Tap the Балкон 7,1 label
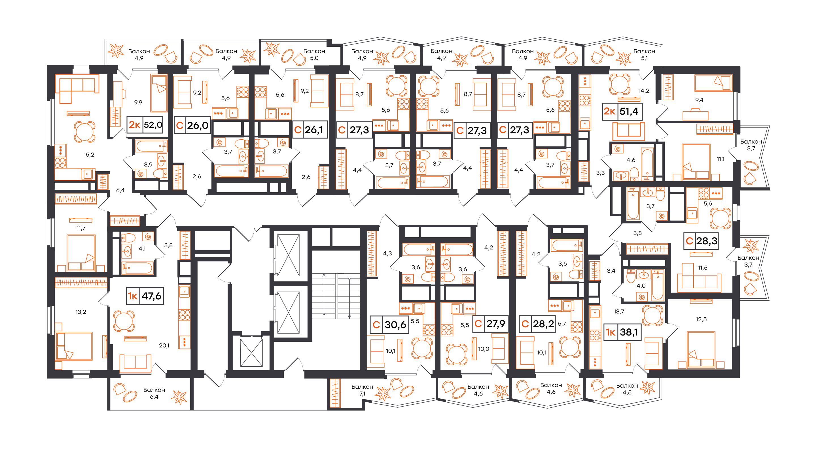pos(362,390)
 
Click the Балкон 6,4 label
pos(154,393)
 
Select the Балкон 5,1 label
pos(644,55)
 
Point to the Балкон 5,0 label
pos(314,55)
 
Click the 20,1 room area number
pos(164,345)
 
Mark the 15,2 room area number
pos(89,155)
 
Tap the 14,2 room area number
pos(644,91)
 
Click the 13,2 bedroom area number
pos(81,312)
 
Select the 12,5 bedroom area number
pos(701,319)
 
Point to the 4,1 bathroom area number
pos(142,248)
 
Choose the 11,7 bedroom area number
pos(81,228)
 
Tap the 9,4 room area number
pos(699,100)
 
